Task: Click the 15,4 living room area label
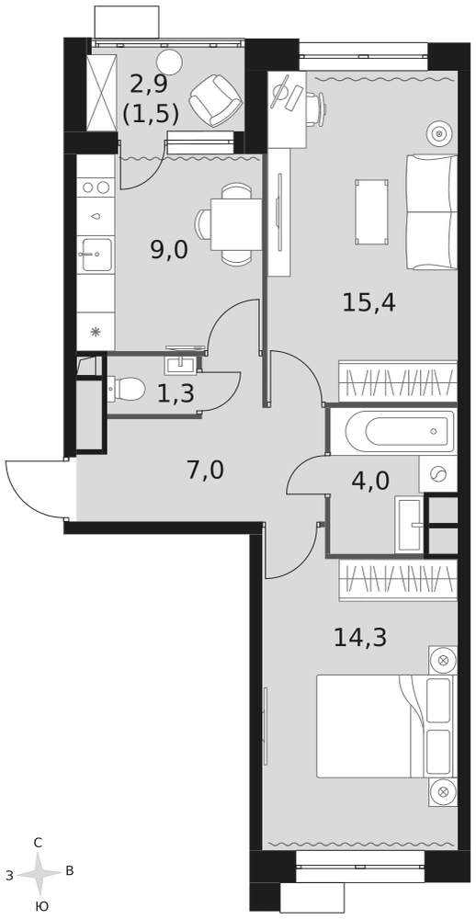tap(369, 303)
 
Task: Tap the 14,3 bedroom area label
tap(360, 637)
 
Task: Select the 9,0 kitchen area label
tap(169, 250)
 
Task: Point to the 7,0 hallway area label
tap(205, 471)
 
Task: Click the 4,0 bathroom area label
tap(370, 482)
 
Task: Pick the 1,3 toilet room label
tap(176, 394)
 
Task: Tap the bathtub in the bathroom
tap(400, 432)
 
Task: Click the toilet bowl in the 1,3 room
tap(126, 388)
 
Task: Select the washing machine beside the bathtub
tap(438, 473)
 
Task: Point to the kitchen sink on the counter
tap(96, 254)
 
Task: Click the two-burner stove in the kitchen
tap(96, 187)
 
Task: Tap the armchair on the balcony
tap(215, 101)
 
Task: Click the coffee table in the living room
tap(371, 211)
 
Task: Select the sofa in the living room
tap(432, 212)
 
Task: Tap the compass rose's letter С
tap(38, 844)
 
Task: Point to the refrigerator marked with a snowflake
tap(96, 331)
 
